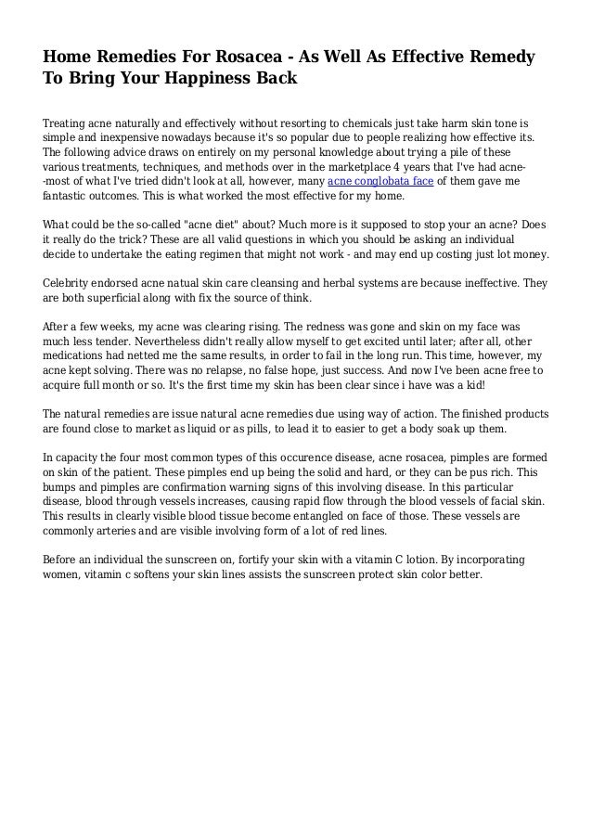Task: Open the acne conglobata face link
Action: [x=381, y=181]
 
